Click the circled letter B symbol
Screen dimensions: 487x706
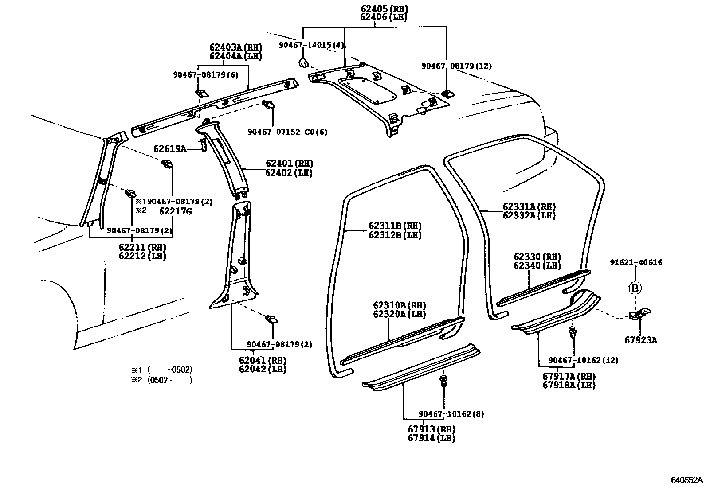[x=635, y=288]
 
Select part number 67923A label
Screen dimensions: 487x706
[x=641, y=340]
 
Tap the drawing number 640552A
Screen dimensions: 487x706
[x=686, y=480]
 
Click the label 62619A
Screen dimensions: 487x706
[x=170, y=149]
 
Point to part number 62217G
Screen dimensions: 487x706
[x=175, y=211]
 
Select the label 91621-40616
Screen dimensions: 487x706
[x=636, y=262]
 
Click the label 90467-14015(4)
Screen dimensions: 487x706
[x=312, y=45]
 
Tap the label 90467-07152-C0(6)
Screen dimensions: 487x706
[x=287, y=132]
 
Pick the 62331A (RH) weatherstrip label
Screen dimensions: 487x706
[x=529, y=206]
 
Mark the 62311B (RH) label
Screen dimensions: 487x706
[x=395, y=226]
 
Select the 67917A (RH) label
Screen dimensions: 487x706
[x=569, y=376]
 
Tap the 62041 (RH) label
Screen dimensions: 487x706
[x=262, y=360]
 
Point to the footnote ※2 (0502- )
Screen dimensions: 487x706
[x=161, y=380]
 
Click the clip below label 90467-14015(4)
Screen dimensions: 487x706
[x=303, y=63]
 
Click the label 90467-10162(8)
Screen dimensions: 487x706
[x=451, y=414]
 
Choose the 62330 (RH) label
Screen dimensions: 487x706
[x=537, y=257]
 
